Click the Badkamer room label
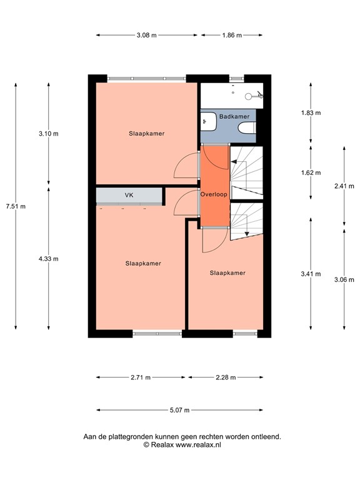click(234, 116)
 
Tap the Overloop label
click(214, 194)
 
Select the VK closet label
click(129, 195)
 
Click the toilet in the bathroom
click(247, 128)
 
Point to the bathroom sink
click(209, 121)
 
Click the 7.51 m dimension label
click(16, 206)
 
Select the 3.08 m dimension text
click(147, 35)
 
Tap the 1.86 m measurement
click(232, 35)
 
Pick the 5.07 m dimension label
click(179, 410)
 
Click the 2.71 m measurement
click(141, 377)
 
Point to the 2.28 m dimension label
click(226, 377)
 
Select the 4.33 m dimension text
click(48, 259)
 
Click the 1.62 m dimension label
click(311, 172)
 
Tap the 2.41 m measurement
click(344, 186)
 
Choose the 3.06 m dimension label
click(344, 279)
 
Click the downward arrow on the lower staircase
click(247, 234)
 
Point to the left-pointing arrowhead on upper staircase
click(233, 162)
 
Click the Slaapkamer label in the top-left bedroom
click(147, 134)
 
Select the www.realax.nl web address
click(198, 445)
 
